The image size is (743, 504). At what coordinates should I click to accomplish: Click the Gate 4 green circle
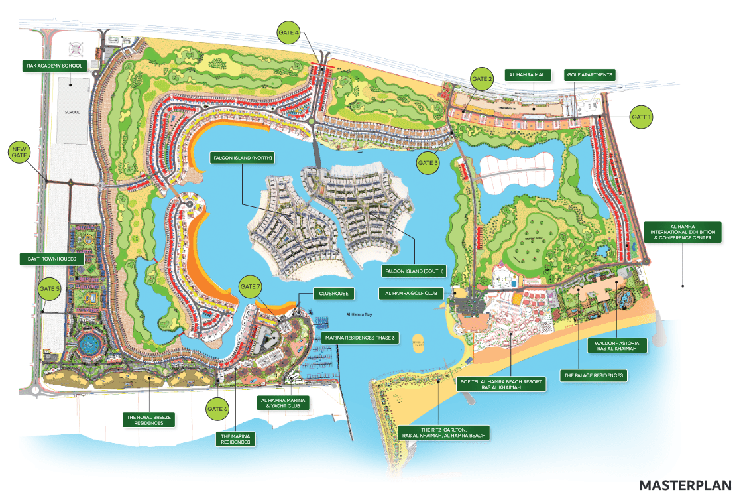288,31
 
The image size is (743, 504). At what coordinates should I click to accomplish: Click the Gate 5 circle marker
50,289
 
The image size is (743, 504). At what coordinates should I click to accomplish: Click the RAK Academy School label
60,66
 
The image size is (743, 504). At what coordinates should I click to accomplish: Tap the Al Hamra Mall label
527,74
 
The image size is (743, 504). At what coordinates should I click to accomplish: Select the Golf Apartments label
590,74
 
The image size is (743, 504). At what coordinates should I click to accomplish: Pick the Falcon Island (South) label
414,271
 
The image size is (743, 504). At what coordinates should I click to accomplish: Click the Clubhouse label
332,292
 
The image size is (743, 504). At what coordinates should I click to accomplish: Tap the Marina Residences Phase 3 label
361,338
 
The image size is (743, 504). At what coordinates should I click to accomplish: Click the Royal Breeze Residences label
148,419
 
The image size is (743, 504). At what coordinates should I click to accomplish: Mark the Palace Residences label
593,375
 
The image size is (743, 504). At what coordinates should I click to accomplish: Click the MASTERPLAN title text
685,485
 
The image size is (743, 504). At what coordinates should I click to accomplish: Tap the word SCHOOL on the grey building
72,112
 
